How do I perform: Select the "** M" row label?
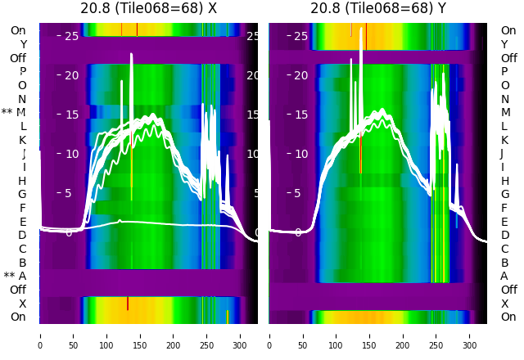coord(14,112)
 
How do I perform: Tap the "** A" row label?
coord(15,277)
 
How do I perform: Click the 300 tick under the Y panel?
coord(470,335)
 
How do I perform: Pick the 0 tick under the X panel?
coord(40,335)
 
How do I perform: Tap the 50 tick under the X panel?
coord(74,335)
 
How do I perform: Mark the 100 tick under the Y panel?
coord(337,335)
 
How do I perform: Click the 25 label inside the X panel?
coord(71,36)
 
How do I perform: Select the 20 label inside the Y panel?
coord(300,75)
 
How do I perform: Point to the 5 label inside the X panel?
coord(69,193)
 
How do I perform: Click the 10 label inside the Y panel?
coord(300,154)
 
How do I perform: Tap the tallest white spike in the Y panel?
coord(361,29)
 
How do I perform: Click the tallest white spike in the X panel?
coord(131,56)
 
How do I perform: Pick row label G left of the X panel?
coord(22,194)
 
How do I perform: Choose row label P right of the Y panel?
coord(504,71)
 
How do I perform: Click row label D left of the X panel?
coord(22,236)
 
